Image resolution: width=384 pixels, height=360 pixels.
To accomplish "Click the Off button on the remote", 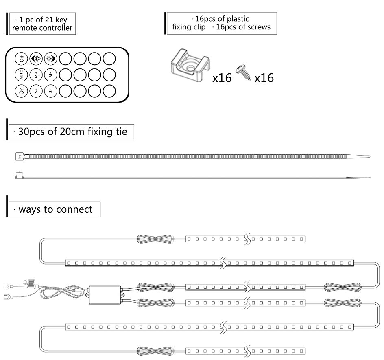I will click(x=22, y=59).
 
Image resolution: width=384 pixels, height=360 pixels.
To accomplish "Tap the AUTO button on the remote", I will click(x=22, y=75).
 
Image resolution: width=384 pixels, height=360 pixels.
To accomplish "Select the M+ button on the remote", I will click(x=36, y=75).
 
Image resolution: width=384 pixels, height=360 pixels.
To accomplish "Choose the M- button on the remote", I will click(x=50, y=75).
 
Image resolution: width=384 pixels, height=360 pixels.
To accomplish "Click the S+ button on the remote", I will click(x=36, y=91).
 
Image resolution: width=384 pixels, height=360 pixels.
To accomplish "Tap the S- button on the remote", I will click(x=50, y=91).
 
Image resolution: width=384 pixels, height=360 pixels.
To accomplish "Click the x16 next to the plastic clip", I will click(x=222, y=78).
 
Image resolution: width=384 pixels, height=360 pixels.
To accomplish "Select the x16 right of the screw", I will click(x=264, y=78).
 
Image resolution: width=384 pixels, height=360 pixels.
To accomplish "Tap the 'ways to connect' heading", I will click(x=55, y=209).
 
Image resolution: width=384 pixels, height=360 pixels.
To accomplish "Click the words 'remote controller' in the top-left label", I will click(x=42, y=28).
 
